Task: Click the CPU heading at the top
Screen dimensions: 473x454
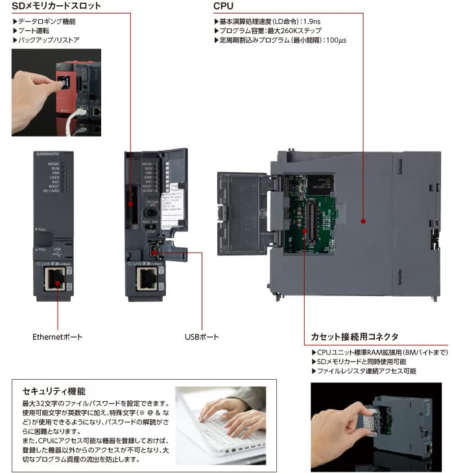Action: pos(224,6)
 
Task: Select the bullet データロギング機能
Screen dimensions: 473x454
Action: pos(46,21)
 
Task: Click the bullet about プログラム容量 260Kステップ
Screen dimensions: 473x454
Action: pos(272,30)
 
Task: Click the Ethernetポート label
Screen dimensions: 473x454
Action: pos(58,337)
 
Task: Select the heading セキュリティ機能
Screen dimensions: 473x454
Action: pos(54,391)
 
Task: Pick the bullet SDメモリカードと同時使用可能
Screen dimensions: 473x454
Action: pos(361,362)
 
